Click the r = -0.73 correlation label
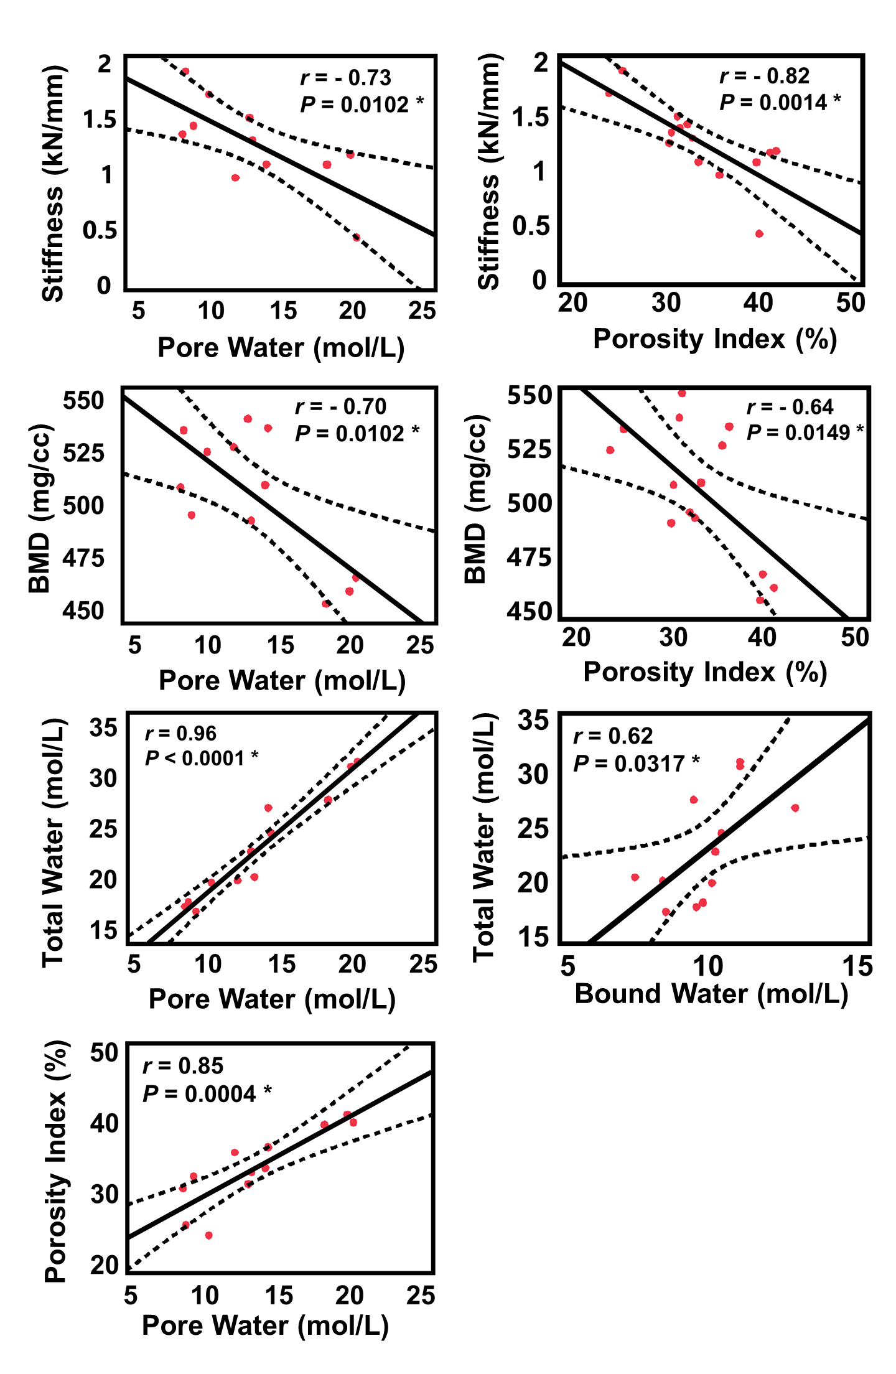pyautogui.click(x=345, y=78)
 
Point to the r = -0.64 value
pyautogui.click(x=790, y=407)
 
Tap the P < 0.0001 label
pyautogui.click(x=201, y=758)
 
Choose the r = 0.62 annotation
pyautogui.click(x=613, y=736)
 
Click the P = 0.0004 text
pyautogui.click(x=207, y=1093)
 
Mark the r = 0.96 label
pyautogui.click(x=180, y=734)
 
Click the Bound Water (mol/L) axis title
pyautogui.click(x=711, y=994)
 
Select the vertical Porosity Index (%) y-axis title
pyautogui.click(x=56, y=1161)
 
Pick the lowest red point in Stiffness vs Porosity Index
pyautogui.click(x=759, y=234)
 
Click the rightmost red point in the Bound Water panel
pyautogui.click(x=795, y=808)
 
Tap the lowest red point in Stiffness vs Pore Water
pyautogui.click(x=357, y=238)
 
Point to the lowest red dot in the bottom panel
pyautogui.click(x=208, y=1235)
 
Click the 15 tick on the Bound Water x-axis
pyautogui.click(x=857, y=966)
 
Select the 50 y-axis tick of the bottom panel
pyautogui.click(x=104, y=1053)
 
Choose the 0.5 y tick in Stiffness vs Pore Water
pyautogui.click(x=100, y=231)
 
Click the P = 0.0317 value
pyautogui.click(x=636, y=764)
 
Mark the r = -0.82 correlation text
pyautogui.click(x=764, y=76)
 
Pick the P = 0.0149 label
pyautogui.click(x=805, y=432)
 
